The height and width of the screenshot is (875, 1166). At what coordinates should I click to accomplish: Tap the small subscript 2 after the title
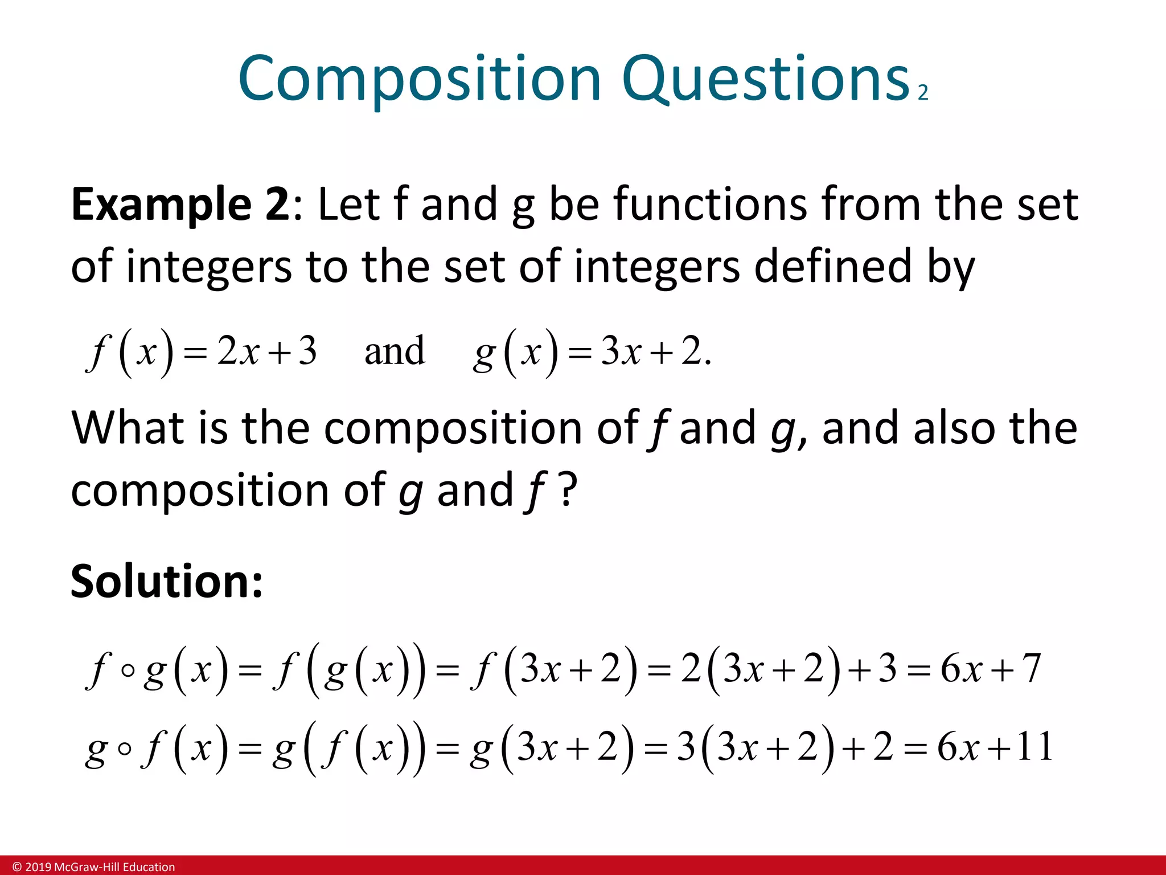click(923, 92)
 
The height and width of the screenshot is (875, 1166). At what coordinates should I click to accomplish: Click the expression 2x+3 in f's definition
click(266, 351)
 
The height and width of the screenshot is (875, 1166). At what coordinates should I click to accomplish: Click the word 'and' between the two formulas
click(395, 351)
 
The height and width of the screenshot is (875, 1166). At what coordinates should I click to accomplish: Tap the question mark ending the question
click(568, 490)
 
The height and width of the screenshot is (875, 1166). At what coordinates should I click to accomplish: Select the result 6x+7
click(991, 668)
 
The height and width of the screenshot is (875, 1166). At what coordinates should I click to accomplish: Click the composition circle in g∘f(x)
click(125, 749)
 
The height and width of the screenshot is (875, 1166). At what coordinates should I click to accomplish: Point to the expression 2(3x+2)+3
click(789, 668)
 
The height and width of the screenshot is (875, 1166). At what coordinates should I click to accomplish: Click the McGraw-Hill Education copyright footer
click(94, 867)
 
